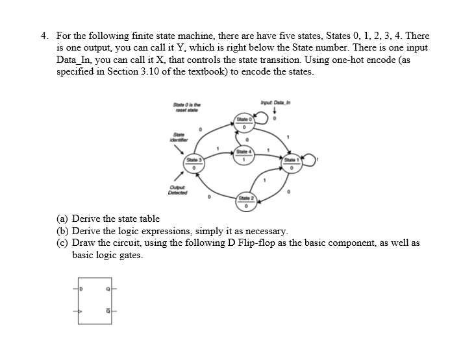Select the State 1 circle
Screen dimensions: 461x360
[x=292, y=163]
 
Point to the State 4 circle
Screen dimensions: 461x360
[x=244, y=156]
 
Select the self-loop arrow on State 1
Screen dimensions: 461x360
[x=311, y=160]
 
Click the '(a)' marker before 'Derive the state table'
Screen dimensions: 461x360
[x=62, y=219]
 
